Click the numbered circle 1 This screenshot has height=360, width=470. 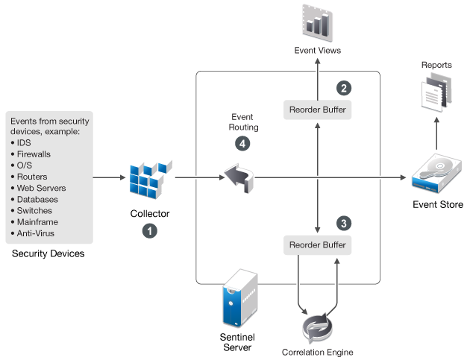coord(149,231)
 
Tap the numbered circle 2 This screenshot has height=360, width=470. coord(344,88)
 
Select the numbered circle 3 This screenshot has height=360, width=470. coord(344,222)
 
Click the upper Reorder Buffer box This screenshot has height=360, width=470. coord(317,110)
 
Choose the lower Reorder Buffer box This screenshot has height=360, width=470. coord(317,244)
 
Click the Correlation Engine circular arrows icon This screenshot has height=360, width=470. coord(317,327)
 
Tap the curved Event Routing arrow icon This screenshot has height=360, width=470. coord(239,177)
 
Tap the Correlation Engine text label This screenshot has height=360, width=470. coord(317,352)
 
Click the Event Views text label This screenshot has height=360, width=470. coord(316,51)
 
